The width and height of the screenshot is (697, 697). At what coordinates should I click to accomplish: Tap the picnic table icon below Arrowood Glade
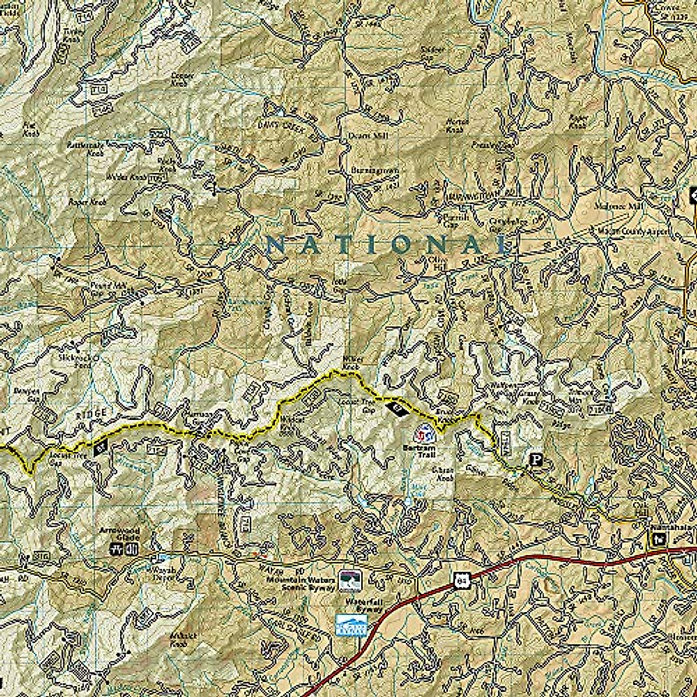116,547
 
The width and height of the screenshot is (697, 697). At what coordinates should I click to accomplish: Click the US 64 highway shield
461,579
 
